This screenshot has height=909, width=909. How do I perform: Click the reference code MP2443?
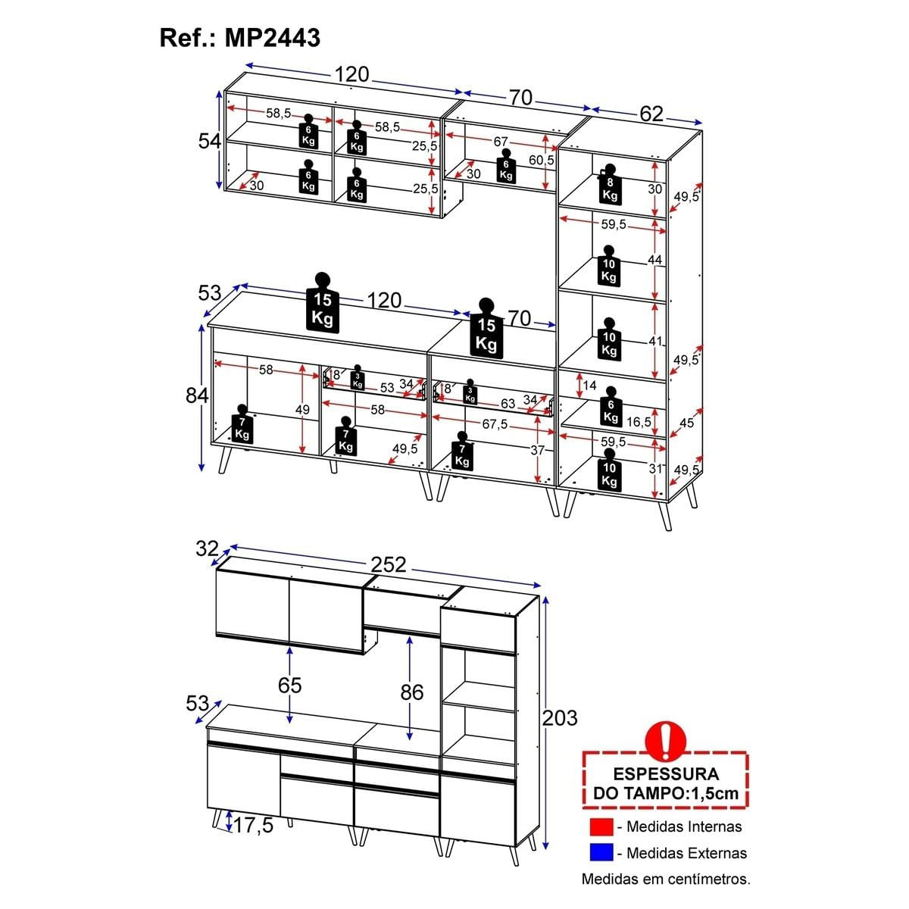pos(272,38)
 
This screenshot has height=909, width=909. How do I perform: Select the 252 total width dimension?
pos(389,564)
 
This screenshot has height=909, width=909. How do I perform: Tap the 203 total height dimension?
pos(560,718)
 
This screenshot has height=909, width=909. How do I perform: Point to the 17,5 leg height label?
pos(253,826)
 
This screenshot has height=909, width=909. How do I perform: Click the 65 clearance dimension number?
pos(289,685)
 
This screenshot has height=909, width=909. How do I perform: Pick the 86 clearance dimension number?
pos(412,692)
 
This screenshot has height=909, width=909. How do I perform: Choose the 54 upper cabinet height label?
pos(209,141)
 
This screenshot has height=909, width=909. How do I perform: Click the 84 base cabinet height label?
pos(197,395)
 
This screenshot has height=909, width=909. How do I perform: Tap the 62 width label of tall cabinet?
pos(651,114)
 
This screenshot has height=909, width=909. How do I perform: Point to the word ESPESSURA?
pos(666,774)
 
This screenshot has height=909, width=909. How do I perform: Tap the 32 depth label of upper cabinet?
pos(207,548)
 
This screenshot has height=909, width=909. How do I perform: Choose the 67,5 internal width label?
pos(495,424)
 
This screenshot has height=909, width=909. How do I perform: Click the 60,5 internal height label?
pos(541,160)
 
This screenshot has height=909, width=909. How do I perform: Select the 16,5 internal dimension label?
pos(639,422)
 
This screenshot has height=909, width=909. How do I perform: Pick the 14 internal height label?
pos(589,386)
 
